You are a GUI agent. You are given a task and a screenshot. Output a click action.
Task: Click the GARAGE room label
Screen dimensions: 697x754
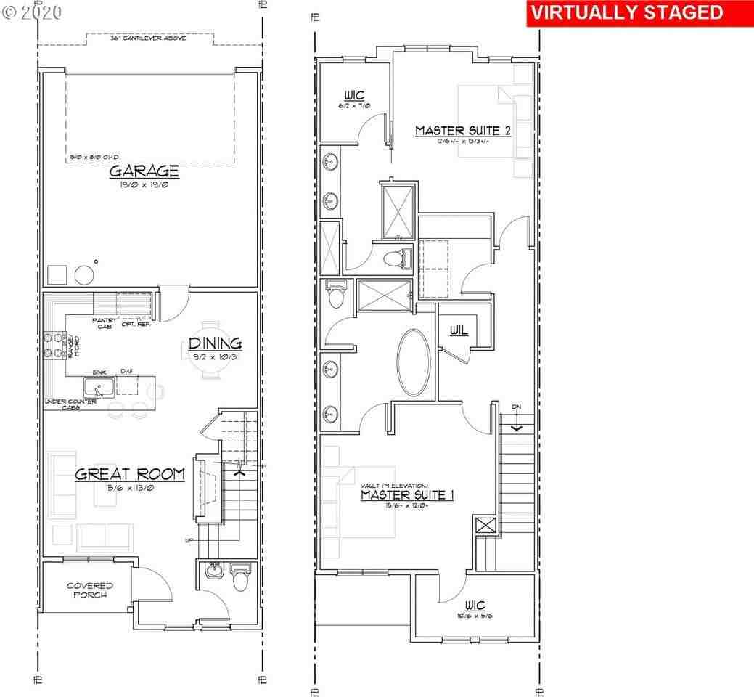(x=144, y=171)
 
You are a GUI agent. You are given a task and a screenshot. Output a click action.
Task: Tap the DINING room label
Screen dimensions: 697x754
(x=215, y=343)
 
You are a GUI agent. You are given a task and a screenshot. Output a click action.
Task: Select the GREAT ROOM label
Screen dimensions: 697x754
(x=130, y=474)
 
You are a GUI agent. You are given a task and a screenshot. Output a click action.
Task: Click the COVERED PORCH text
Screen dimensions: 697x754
(x=89, y=590)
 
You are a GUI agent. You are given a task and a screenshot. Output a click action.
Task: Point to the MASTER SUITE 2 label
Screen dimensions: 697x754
(x=463, y=131)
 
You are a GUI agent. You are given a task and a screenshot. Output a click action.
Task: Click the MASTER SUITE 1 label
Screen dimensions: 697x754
(x=408, y=495)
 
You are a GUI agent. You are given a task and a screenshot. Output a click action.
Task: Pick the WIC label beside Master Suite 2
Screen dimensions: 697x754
(x=354, y=95)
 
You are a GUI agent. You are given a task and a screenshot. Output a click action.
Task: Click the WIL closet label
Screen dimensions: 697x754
(x=458, y=330)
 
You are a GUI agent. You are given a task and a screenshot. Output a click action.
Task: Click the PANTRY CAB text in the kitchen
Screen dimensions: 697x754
(x=101, y=323)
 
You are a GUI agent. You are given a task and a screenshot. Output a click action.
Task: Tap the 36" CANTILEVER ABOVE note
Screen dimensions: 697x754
(x=148, y=38)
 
